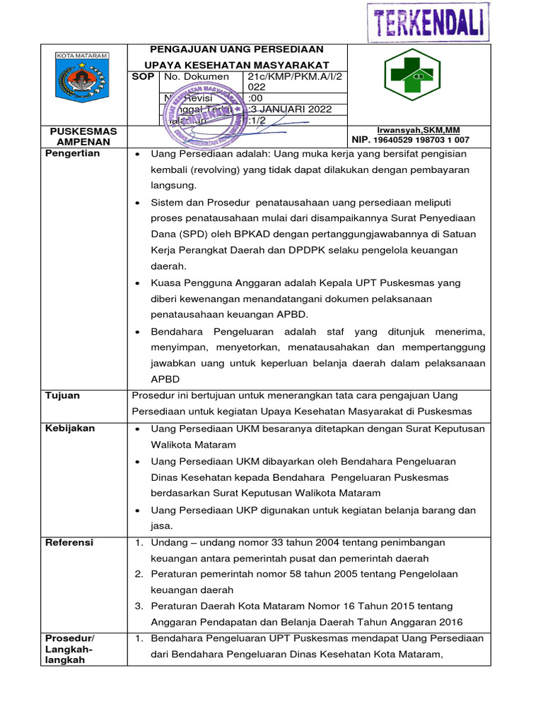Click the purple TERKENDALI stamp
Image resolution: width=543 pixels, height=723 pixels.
pos(426,23)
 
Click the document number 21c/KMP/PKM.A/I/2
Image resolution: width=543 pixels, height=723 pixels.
pos(294,76)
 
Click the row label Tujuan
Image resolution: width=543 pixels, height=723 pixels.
pos(62,395)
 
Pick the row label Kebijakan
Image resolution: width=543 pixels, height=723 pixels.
pos(70,429)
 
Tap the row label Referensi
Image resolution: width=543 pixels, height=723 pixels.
pos(69,542)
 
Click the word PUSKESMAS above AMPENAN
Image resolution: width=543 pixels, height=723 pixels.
pos(83,131)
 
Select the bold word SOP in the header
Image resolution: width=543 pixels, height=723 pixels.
pos(144,76)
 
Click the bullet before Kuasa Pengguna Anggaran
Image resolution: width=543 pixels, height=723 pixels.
pos(137,282)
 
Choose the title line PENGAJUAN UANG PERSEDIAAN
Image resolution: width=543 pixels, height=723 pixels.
pos(237,49)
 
